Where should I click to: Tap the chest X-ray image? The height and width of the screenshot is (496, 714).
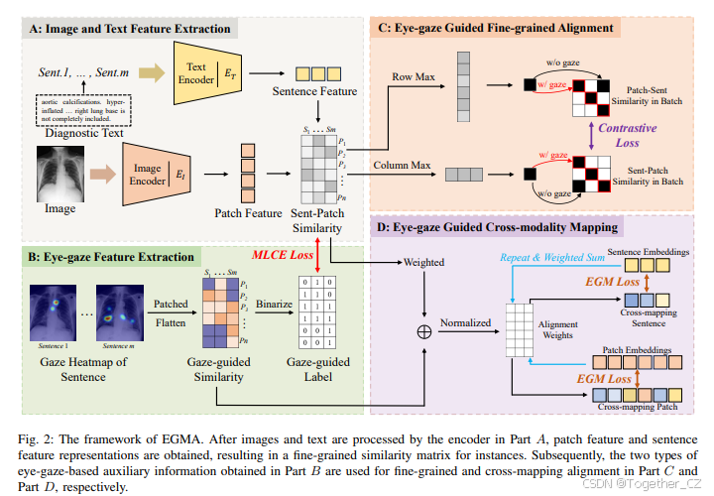[x=59, y=171]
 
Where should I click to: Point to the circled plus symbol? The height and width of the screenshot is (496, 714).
[x=424, y=331]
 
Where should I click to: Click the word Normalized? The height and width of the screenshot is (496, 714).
[x=464, y=322]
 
